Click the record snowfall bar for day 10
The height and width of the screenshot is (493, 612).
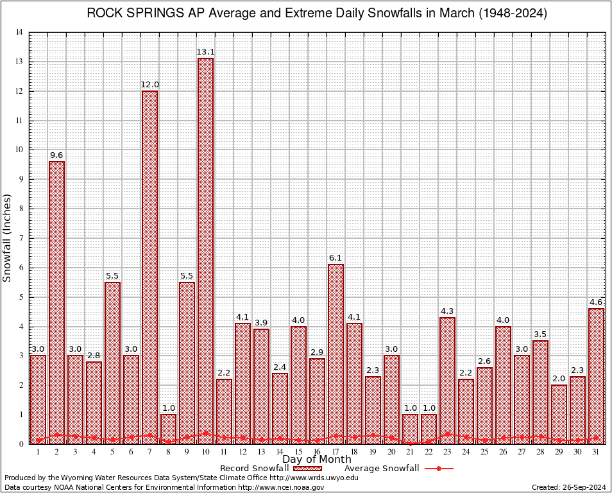click(205, 250)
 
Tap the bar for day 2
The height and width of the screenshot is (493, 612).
click(56, 302)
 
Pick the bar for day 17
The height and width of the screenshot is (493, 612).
click(336, 353)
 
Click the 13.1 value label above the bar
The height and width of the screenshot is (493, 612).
click(205, 52)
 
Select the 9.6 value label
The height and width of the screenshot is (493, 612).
click(56, 155)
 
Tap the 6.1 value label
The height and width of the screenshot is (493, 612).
click(336, 258)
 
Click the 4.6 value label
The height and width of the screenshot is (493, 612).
click(596, 302)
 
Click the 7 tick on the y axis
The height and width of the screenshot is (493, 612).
click(21, 238)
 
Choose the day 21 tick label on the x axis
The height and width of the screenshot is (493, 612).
click(410, 452)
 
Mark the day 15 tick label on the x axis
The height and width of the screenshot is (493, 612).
click(298, 452)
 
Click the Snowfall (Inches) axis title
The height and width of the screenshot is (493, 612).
click(8, 238)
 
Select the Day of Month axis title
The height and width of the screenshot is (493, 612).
click(316, 460)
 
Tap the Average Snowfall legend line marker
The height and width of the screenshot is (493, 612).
click(438, 469)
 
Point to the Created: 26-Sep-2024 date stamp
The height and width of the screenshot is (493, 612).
click(568, 487)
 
